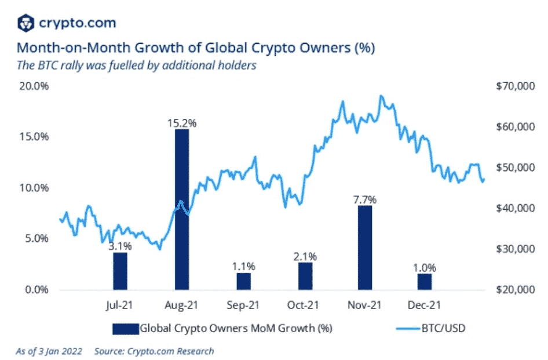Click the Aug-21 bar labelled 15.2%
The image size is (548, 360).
click(181, 209)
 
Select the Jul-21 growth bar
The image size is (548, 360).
click(120, 271)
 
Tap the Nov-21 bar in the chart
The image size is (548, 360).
click(365, 248)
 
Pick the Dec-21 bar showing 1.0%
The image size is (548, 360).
click(425, 282)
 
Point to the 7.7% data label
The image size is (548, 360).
click(365, 200)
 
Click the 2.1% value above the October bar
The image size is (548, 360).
click(305, 256)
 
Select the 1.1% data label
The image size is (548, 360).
click(243, 267)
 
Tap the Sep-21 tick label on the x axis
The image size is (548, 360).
click(243, 305)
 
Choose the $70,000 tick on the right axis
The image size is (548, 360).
click(512, 86)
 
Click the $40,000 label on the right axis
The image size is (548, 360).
click(512, 208)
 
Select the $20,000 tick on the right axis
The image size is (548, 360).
click(512, 290)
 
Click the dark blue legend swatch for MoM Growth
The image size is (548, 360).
click(125, 329)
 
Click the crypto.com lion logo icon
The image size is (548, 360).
click(25, 23)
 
